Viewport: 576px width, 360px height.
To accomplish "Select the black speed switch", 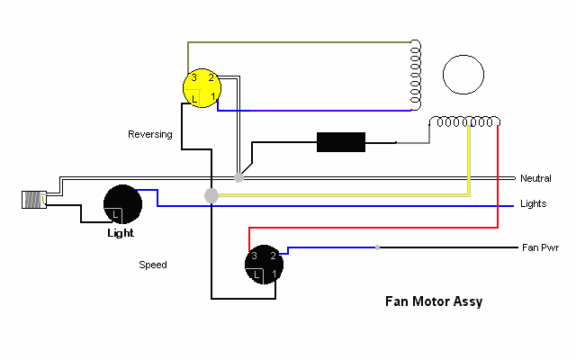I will tap(265, 264).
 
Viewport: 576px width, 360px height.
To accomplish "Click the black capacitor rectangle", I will tap(340, 142).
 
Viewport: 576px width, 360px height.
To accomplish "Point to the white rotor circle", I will tap(464, 74).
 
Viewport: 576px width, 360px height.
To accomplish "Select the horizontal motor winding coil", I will tap(466, 122).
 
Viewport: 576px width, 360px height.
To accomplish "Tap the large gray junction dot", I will tap(211, 195).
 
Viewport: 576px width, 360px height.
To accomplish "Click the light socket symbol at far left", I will tap(35, 200).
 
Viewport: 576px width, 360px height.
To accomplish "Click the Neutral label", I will tap(535, 178).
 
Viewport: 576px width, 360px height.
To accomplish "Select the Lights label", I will tap(533, 204).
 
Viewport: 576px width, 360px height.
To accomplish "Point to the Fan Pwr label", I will tap(540, 247).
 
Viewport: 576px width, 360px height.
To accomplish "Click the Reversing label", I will tap(149, 134).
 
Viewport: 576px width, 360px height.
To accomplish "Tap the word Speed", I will tap(152, 265).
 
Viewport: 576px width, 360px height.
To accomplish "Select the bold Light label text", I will tap(121, 233).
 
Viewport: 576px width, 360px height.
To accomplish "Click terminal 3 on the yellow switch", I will tap(193, 78).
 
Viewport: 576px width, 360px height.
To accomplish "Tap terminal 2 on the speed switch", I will tap(272, 256).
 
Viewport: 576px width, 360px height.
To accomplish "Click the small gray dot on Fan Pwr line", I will tap(378, 247).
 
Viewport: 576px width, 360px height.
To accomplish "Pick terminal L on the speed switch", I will tap(257, 273).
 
